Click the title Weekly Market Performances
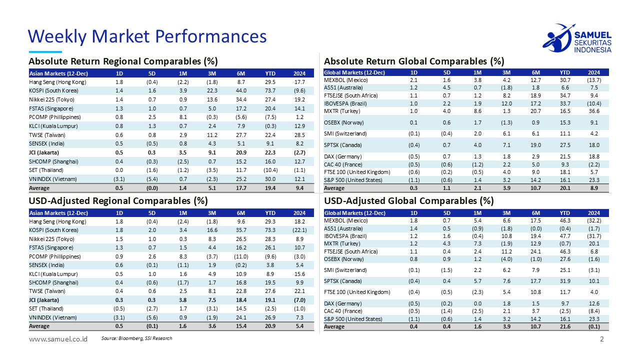[x=147, y=36]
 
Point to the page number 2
[x=602, y=339]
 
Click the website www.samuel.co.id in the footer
[x=58, y=339]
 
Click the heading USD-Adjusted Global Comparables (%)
[x=409, y=201]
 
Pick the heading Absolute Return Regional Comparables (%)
[x=123, y=61]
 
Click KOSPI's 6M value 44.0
[x=241, y=90]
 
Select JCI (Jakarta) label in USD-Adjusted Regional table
[x=44, y=300]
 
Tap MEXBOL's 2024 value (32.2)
[x=594, y=220]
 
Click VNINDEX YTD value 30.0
[x=270, y=179]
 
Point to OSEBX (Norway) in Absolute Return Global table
[x=344, y=122]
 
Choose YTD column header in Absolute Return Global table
[x=565, y=72]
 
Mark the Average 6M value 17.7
[x=241, y=188]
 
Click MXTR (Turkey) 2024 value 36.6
[x=594, y=111]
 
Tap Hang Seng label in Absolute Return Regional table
[x=57, y=81]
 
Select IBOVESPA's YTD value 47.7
[x=565, y=235]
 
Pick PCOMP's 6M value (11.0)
[x=241, y=256]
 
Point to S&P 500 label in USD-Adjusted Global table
[x=353, y=319]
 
